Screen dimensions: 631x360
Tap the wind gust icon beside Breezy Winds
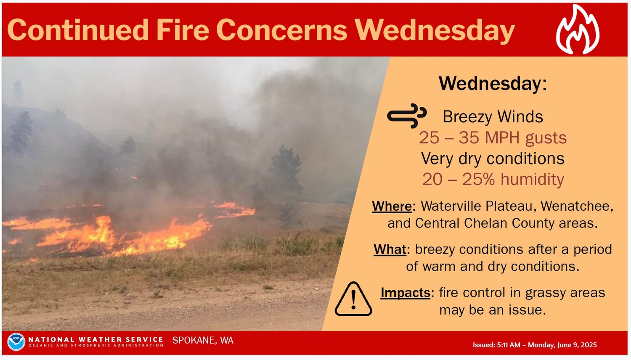coord(407,116)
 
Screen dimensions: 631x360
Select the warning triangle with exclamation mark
coord(353,299)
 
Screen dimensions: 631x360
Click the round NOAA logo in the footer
coord(16,342)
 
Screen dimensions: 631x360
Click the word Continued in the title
coord(78,30)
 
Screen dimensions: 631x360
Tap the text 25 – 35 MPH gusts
coord(493,138)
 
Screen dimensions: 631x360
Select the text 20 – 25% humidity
coord(493,179)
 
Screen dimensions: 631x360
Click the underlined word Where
coord(392,206)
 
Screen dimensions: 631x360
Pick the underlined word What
coord(390,249)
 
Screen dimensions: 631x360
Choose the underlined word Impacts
coord(406,293)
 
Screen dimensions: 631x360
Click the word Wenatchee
coord(576,206)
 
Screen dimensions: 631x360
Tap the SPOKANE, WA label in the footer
coord(203,340)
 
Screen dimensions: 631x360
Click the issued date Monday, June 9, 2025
coord(562,345)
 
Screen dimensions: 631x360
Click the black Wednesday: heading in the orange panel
coord(493,84)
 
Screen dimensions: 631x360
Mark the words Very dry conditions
coord(493,158)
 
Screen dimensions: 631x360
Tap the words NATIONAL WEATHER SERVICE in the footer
coord(96,339)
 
